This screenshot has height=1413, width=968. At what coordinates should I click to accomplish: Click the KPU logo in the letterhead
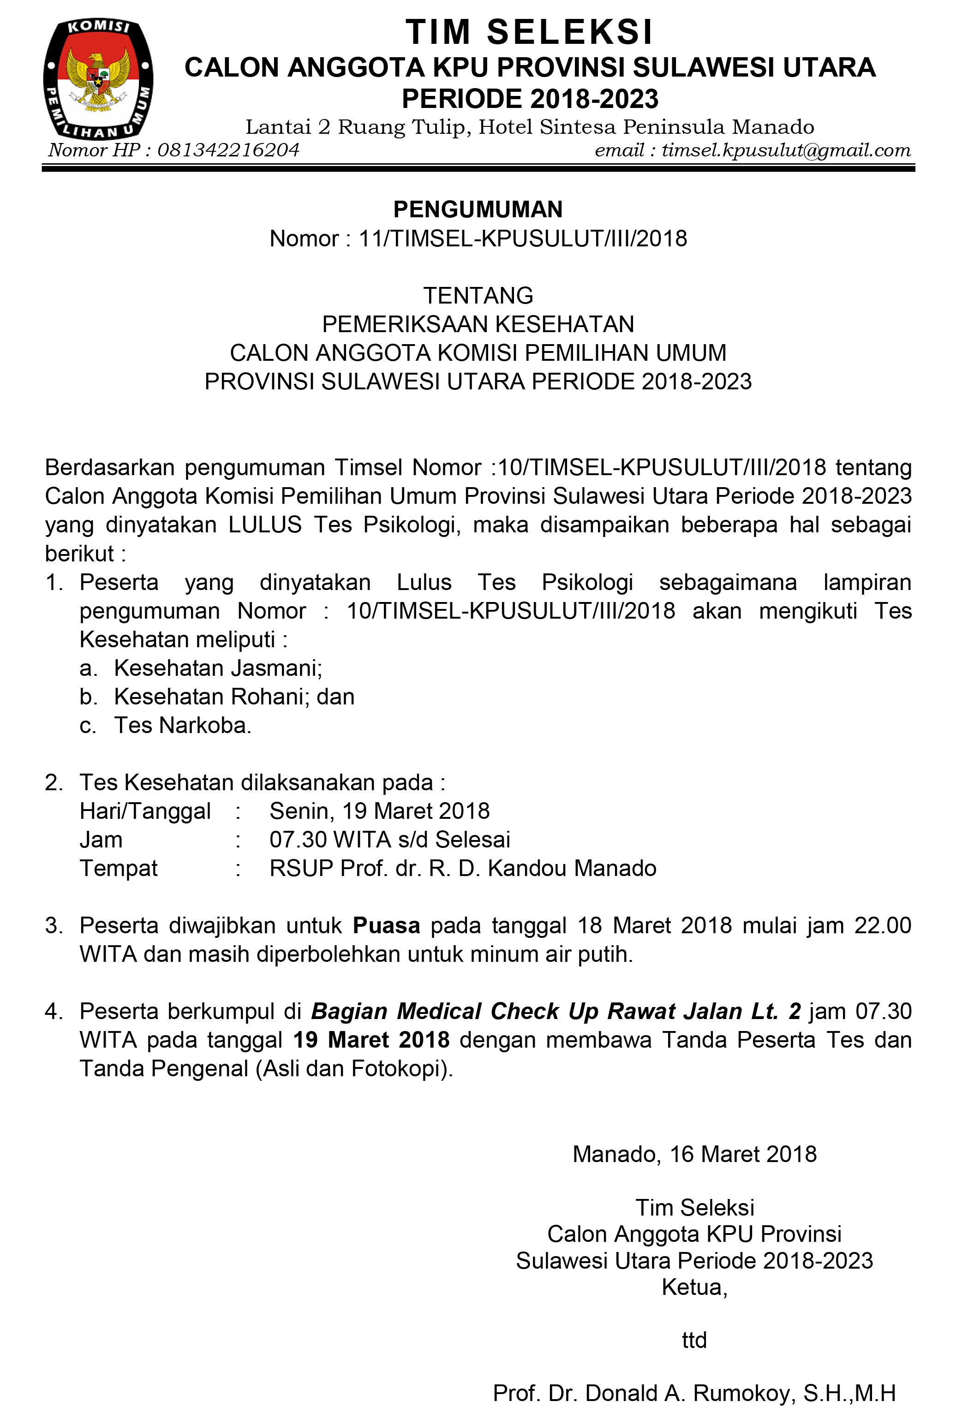point(98,79)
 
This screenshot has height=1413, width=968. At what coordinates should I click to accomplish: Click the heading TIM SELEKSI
point(530,32)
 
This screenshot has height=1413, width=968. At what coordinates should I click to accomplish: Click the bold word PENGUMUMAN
point(478,209)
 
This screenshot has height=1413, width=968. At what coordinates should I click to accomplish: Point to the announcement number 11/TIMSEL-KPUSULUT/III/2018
point(523,238)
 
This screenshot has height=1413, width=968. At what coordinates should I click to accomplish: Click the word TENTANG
point(478,296)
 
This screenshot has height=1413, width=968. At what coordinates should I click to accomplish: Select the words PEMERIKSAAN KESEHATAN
point(478,324)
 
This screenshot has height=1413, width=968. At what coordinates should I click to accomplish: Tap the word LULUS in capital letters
point(265,525)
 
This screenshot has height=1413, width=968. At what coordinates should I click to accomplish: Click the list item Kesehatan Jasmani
point(218,668)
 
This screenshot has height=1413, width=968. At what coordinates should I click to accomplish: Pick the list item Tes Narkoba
point(182,725)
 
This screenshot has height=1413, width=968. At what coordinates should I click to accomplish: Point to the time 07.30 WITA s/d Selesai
point(390,839)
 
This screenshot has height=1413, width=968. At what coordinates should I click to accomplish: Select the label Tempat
point(119,868)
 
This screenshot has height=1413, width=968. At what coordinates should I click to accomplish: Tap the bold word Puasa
point(387,925)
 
